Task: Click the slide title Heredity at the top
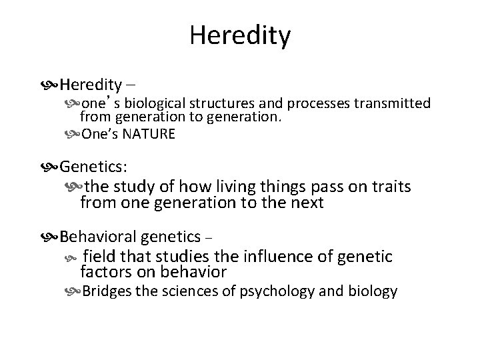239,35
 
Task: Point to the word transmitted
395,104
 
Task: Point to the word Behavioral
99,237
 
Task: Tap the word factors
104,271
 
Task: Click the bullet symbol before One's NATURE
72,134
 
